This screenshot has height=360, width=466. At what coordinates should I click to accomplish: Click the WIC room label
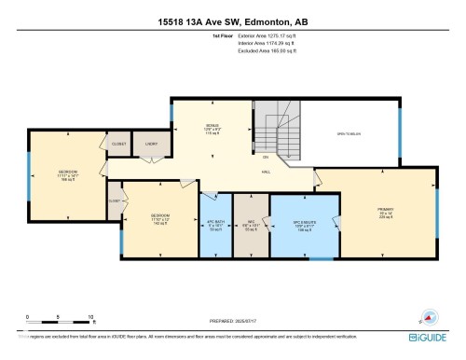click(249, 222)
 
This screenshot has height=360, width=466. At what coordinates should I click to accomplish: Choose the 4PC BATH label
click(216, 222)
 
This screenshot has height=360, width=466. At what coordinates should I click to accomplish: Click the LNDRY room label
click(149, 144)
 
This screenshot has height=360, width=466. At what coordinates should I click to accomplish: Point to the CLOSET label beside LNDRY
click(119, 144)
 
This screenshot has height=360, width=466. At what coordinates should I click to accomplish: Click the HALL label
click(265, 172)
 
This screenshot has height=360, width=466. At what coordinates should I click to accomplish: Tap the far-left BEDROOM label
click(68, 173)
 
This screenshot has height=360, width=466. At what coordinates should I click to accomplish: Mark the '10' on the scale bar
click(91, 317)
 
